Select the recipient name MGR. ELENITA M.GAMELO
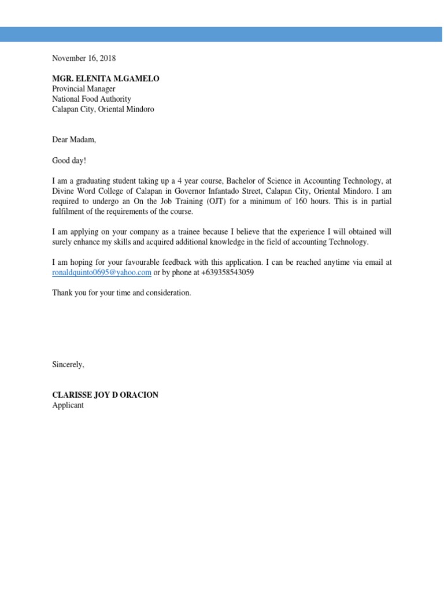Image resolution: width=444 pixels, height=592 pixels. [x=105, y=79]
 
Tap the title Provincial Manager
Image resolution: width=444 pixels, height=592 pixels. [x=84, y=89]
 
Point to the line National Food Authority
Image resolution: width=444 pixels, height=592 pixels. [x=91, y=99]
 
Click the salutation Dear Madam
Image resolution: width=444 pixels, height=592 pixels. [x=73, y=140]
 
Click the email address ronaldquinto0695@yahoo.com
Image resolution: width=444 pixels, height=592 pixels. [x=102, y=272]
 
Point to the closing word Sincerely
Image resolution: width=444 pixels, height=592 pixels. [x=68, y=364]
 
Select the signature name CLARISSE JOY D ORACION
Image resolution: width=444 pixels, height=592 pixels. [x=105, y=395]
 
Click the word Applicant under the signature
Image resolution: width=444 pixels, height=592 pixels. [x=68, y=405]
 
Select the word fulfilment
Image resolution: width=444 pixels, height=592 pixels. [x=69, y=211]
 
